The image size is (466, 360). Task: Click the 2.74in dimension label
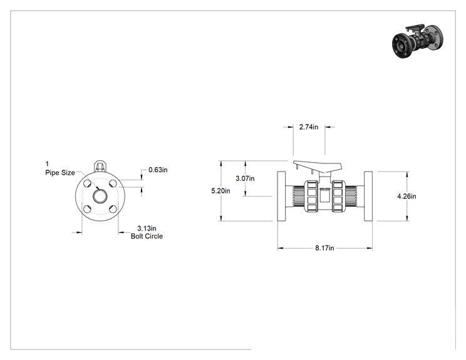coord(309,127)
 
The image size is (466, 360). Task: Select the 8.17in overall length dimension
coord(324,248)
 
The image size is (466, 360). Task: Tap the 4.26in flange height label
coord(406,196)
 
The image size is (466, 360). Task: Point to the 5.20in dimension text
coord(220,191)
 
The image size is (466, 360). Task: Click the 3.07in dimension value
coord(245,178)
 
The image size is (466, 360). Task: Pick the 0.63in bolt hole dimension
coord(158,170)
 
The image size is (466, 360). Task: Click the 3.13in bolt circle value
coord(147,228)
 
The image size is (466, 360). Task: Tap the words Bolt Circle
coord(147,236)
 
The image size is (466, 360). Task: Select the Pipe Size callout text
coord(60,173)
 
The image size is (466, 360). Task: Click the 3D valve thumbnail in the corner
coord(417,41)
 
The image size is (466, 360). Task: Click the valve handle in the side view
coord(317,167)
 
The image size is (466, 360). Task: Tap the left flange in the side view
coord(281,196)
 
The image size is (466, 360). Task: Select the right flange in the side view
coord(368,196)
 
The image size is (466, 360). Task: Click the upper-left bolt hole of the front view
coord(87,183)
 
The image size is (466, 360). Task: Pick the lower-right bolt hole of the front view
coord(113,209)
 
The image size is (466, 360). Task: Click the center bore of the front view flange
coord(100,196)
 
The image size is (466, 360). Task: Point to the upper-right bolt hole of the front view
coord(113,183)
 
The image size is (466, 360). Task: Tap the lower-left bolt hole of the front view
coord(87,209)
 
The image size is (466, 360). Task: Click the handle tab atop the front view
coord(100,167)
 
